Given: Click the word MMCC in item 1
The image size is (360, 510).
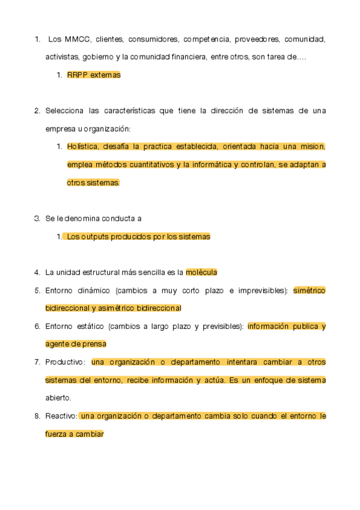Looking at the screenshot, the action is tap(76, 40).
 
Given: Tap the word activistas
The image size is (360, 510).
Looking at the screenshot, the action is tap(62, 57).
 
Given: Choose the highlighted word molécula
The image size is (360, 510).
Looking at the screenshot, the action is tap(201, 272).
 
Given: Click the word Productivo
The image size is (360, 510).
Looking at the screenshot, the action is tap(66, 362).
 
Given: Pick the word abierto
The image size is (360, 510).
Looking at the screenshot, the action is tap(58, 398).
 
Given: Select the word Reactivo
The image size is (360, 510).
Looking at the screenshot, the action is tap(61, 416).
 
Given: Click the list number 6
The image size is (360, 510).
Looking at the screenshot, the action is tap(37, 326).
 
